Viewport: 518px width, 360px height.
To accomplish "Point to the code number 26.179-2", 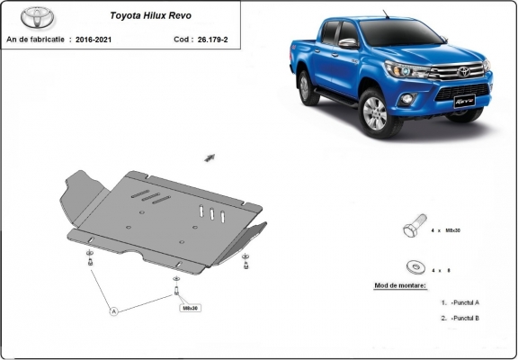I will (213, 40).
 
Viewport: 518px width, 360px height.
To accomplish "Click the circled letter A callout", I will (114, 311).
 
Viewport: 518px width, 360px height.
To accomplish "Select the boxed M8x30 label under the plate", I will (190, 308).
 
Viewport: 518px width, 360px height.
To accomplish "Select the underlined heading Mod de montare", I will (400, 286).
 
